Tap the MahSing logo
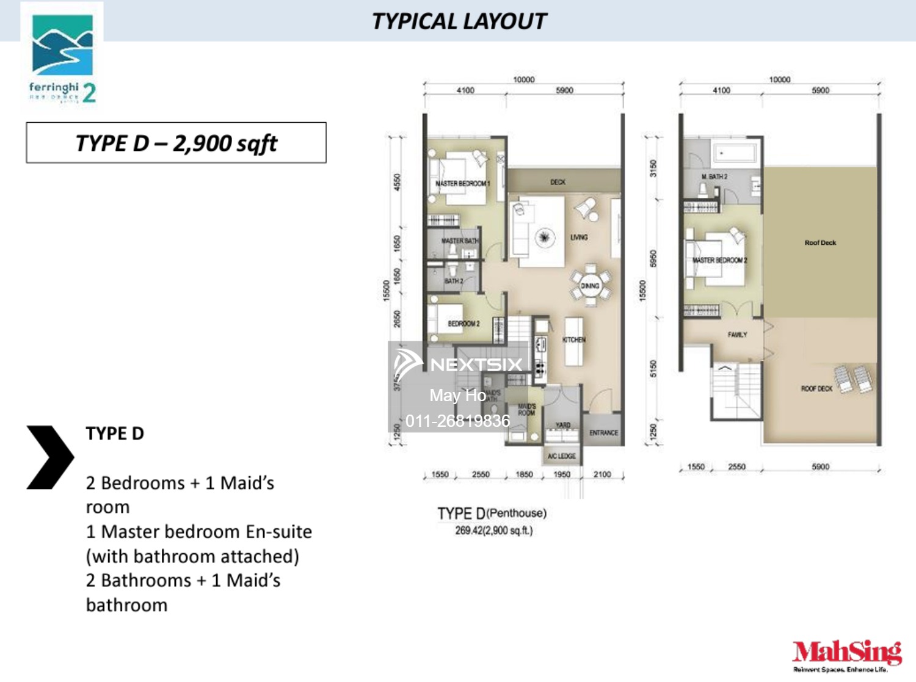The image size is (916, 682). point(846,655)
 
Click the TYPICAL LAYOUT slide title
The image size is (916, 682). point(459,21)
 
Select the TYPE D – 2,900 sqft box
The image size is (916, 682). point(176,143)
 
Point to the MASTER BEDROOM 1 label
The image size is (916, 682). point(462,183)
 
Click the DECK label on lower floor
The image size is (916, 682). point(558,182)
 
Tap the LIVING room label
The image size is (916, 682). point(579,237)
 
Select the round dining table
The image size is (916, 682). point(590,286)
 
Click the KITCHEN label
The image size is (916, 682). point(573,339)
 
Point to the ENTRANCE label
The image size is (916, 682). point(603,433)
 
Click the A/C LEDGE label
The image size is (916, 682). point(561,456)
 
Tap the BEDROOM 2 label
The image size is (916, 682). point(463,324)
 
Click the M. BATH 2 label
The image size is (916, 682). point(714,176)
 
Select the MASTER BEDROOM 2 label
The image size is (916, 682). point(719,260)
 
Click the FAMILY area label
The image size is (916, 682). point(737,335)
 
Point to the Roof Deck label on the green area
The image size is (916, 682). point(820,242)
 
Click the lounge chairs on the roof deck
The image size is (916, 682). point(854,379)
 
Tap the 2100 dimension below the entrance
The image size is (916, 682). point(602,474)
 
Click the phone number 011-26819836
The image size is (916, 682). point(457,421)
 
